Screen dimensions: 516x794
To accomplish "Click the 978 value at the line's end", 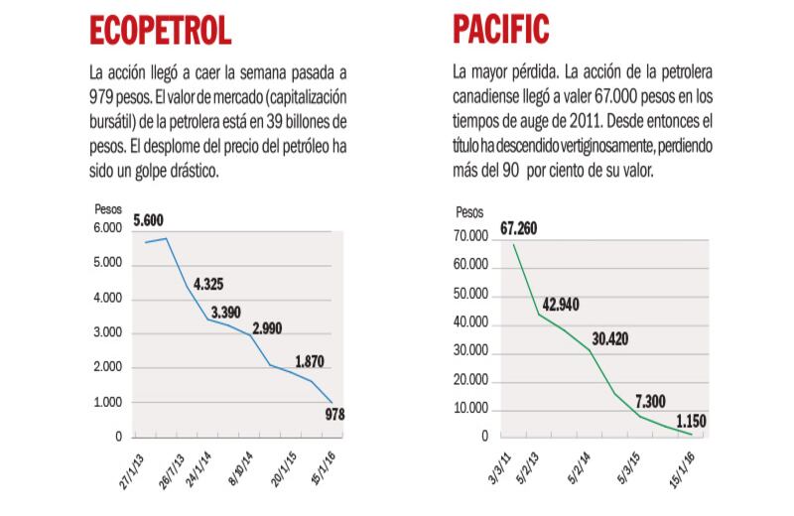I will pos(333,415).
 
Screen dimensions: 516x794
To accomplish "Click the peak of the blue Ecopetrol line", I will pos(167,238).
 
